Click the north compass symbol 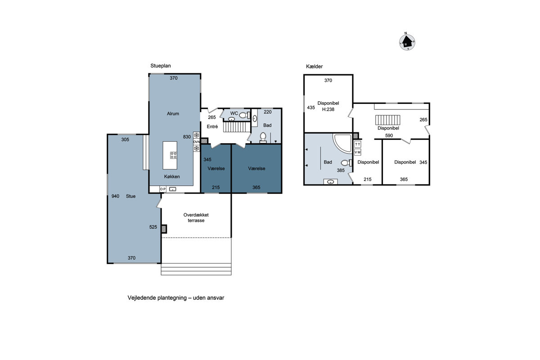pos(407,42)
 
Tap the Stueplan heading pos(161,66)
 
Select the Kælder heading pos(314,66)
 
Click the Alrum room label pos(173,113)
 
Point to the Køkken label pos(172,176)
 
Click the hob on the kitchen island pos(173,155)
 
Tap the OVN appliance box pos(197,142)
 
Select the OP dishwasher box pos(163,189)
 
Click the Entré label pos(212,126)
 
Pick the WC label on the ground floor pos(234,113)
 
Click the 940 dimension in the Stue pos(115,196)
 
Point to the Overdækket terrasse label pos(196,217)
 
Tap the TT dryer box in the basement pos(357,144)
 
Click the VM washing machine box pos(357,152)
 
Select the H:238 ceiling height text pos(328,109)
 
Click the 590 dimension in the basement pos(389,135)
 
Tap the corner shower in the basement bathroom pos(342,143)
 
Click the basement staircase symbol pos(387,120)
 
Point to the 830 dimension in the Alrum pos(187,137)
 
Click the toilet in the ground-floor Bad pos(263,137)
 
